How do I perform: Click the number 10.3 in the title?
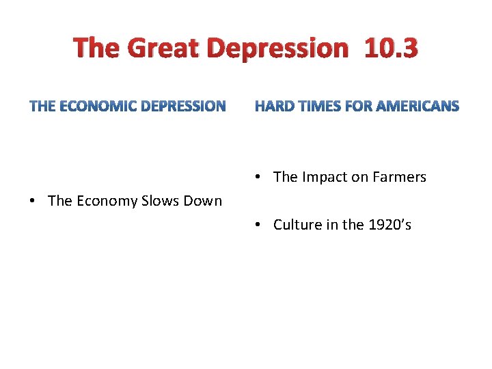point(391,49)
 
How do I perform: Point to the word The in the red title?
point(98,49)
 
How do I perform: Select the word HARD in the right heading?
point(273,106)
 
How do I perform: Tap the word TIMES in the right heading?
point(318,106)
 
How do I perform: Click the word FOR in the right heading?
point(360,106)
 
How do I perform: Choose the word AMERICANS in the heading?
point(418,106)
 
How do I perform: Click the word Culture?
point(298,225)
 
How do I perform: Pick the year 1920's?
point(387,225)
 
